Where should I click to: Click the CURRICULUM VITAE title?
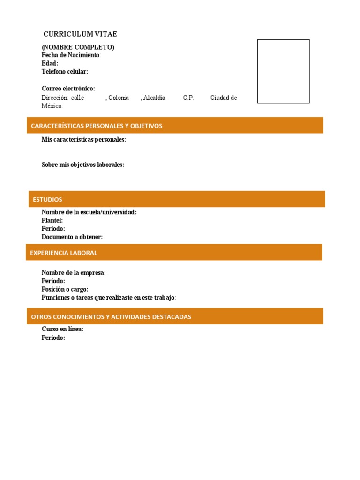80,34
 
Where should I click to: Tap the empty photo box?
284,71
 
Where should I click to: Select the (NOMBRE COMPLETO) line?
78,47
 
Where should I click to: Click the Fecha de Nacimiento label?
71,55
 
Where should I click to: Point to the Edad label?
50,63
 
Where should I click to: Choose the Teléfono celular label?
65,71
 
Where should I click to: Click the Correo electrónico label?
68,88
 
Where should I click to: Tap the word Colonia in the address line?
119,97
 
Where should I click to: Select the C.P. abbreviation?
188,97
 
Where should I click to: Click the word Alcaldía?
154,97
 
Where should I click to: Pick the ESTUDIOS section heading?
47,199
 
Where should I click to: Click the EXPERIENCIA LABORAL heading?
64,253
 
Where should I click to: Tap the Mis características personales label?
84,139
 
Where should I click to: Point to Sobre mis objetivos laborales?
83,165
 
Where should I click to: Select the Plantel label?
52,220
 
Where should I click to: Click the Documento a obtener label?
72,237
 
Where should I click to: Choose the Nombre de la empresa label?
74,273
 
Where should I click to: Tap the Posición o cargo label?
65,289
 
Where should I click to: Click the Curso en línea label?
62,329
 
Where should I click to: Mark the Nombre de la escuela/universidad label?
89,212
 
